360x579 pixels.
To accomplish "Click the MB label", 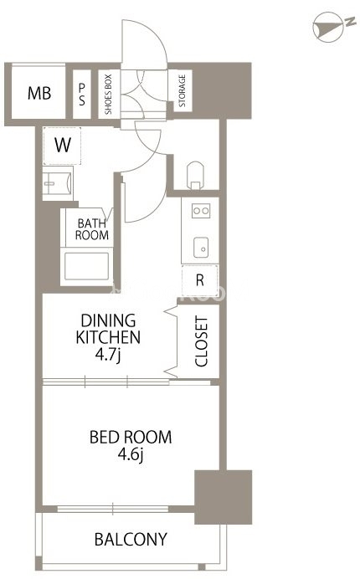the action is [39, 93].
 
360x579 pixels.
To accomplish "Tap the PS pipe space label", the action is [82, 95].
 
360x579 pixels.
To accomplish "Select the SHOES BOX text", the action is [108, 95].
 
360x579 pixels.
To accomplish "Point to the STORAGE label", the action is [182, 91].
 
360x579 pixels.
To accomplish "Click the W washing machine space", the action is [62, 146].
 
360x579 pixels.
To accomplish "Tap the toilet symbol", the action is [195, 175].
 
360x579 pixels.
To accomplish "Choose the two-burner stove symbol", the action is [201, 211].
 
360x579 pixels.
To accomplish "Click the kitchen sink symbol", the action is [201, 247].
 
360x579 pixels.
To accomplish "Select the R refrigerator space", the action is [199, 280].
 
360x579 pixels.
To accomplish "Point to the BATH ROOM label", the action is [92, 229].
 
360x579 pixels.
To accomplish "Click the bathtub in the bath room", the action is [86, 266].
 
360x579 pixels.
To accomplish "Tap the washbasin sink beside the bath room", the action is [57, 183].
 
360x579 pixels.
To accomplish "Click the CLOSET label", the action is [202, 341].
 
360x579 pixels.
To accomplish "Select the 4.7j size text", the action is [108, 356].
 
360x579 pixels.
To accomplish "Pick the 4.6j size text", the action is [131, 454].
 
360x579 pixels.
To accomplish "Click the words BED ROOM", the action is [131, 438].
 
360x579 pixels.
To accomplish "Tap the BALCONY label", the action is [131, 540].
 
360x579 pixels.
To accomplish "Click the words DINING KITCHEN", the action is [108, 329].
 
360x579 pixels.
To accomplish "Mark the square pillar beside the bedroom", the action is [224, 497].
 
